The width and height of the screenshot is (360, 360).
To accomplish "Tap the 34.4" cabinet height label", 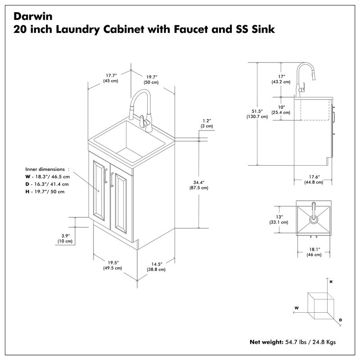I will [198, 185].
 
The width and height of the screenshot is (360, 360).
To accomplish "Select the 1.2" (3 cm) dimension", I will [207, 123].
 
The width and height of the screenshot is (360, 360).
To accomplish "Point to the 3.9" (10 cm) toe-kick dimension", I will [65, 238].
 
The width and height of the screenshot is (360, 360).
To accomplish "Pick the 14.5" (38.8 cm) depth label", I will [157, 266].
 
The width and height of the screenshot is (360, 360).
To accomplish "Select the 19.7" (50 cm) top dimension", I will [151, 79].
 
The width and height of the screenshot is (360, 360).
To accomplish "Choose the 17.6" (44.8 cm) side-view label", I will [313, 179].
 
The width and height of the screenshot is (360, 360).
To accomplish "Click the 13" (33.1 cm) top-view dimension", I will [279, 219].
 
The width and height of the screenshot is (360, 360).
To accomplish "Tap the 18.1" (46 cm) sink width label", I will [314, 252].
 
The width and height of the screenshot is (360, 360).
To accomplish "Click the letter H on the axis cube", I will [331, 281].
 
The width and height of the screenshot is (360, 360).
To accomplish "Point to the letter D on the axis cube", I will [341, 320].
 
